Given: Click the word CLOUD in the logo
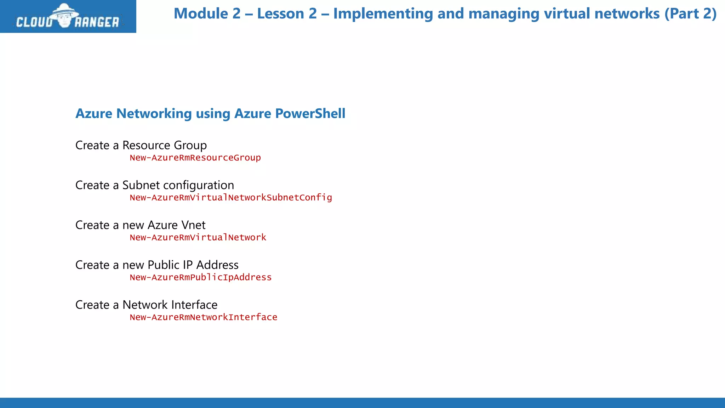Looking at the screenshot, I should coord(34,22).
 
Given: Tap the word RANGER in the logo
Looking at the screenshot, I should coord(97,22).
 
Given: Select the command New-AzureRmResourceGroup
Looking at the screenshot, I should coord(195,158).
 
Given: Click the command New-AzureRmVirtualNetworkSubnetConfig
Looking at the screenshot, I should coord(230,198).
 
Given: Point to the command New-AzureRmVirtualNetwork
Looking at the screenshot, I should coord(198,238).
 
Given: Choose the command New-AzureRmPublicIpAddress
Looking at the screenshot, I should coord(200,277).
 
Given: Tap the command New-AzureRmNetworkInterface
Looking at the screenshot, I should coord(203,317).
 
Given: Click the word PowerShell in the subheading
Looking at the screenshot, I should coord(310,114).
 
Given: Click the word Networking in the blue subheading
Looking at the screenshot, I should coord(154,114).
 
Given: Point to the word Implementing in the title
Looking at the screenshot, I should coord(383,14).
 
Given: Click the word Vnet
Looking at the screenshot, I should coord(193,225).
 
